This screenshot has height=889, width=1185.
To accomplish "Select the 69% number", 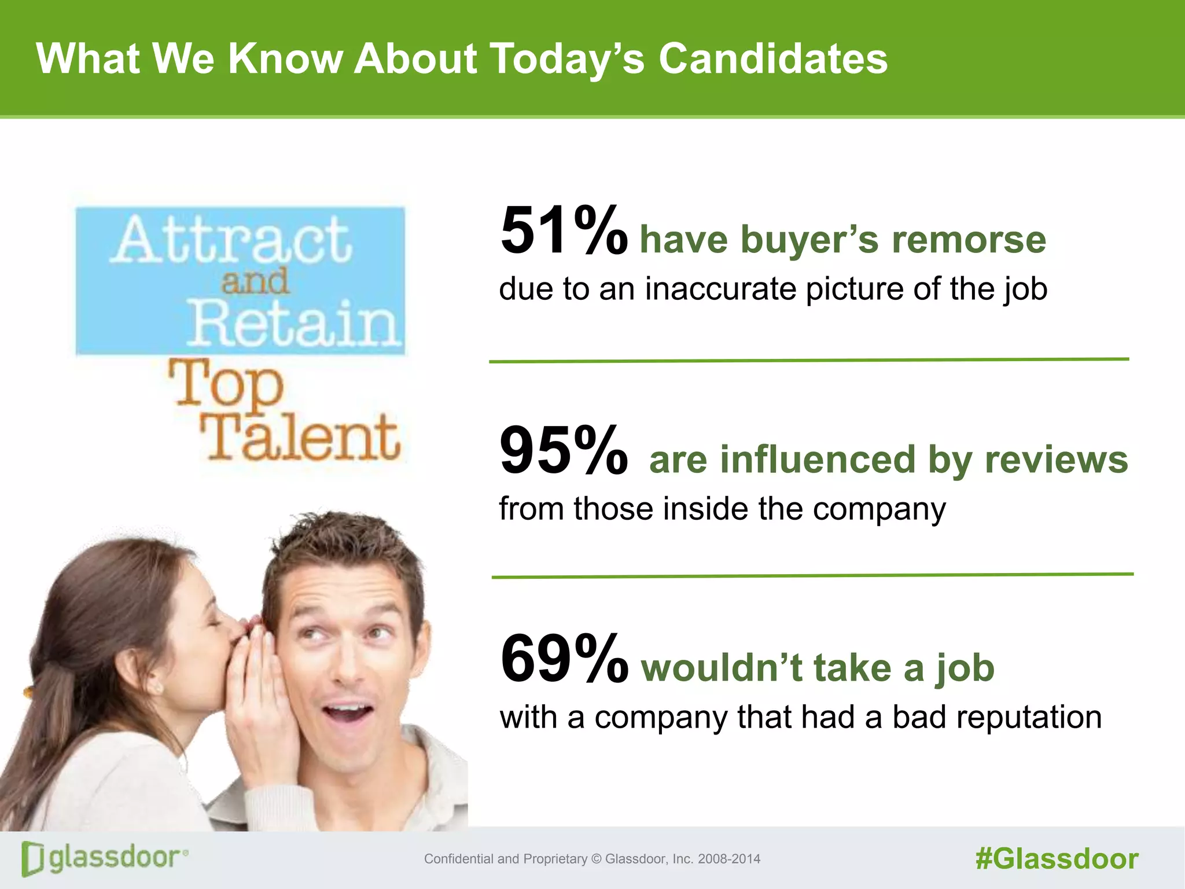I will [564, 659].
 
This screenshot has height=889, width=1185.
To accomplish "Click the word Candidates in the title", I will [773, 59].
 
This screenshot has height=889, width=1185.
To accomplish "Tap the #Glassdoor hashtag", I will [1057, 859].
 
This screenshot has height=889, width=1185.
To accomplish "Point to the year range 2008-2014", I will [729, 859].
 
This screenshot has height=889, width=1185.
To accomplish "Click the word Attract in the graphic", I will [231, 240].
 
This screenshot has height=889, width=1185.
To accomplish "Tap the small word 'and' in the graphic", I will [255, 282].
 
